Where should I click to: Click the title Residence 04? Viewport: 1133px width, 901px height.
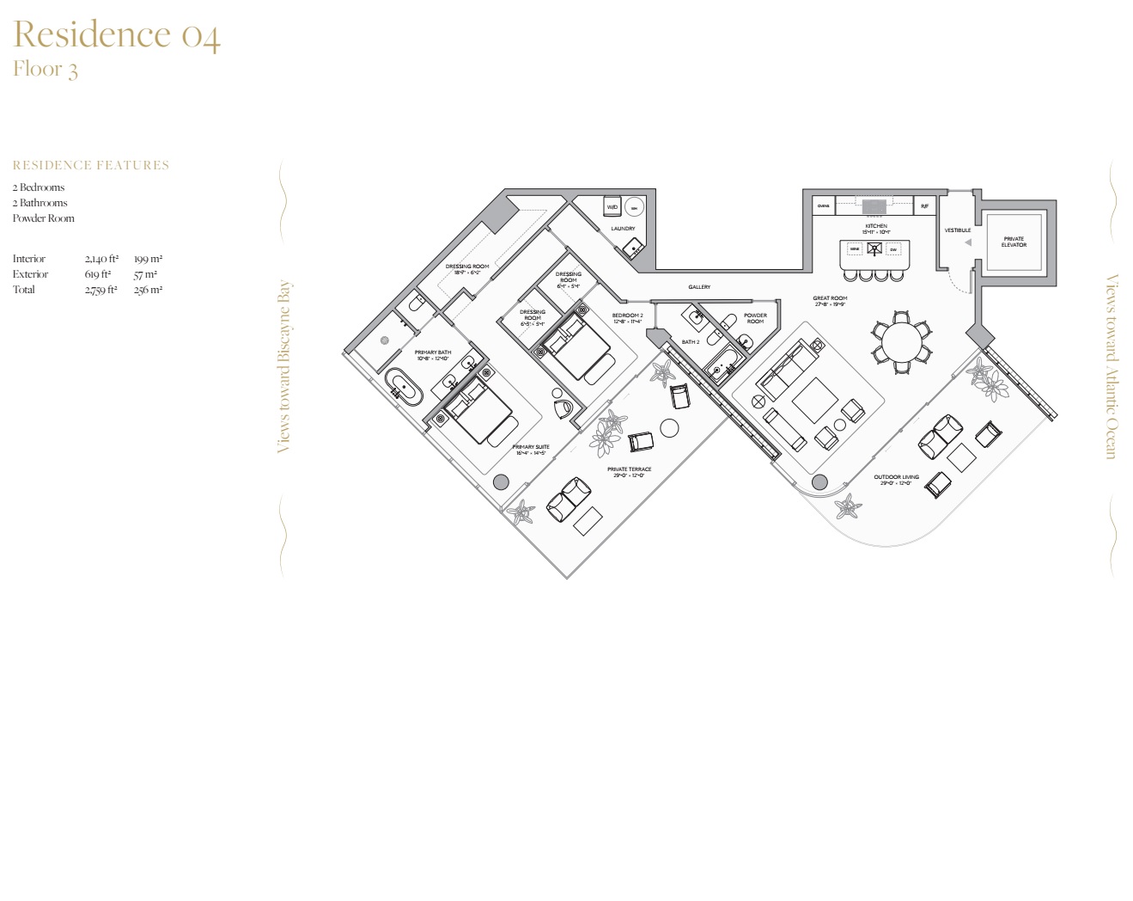[x=117, y=35]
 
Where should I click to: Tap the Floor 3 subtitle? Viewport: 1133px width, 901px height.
[x=46, y=69]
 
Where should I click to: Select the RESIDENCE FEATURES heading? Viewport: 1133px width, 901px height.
[x=91, y=165]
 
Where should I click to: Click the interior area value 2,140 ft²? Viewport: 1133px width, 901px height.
[x=101, y=259]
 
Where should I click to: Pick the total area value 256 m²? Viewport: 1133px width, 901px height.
[x=148, y=290]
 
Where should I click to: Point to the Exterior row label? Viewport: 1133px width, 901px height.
[x=30, y=274]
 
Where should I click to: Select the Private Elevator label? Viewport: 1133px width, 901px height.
[x=1014, y=242]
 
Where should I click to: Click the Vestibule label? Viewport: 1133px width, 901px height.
[x=958, y=230]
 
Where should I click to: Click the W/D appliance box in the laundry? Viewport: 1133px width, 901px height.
[x=612, y=207]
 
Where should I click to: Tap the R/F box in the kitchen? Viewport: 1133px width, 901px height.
[x=924, y=206]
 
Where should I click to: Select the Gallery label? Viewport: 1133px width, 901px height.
[x=699, y=287]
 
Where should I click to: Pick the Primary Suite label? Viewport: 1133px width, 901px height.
[x=531, y=450]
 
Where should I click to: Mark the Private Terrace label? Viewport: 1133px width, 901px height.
[x=629, y=472]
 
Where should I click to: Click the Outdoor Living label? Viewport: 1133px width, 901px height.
[x=896, y=480]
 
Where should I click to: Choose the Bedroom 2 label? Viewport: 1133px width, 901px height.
[x=627, y=318]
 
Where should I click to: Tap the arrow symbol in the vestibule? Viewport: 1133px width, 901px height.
[x=968, y=243]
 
